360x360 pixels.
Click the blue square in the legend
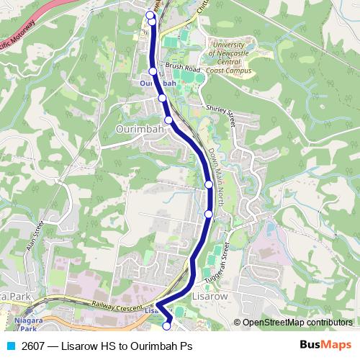point(10,346)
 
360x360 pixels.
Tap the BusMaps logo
point(327,346)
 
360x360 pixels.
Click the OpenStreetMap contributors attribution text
point(297,323)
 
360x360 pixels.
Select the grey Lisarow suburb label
point(210,296)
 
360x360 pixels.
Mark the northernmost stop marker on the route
point(150,14)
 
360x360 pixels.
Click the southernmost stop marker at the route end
point(166,326)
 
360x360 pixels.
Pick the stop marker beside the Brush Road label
point(153,71)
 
